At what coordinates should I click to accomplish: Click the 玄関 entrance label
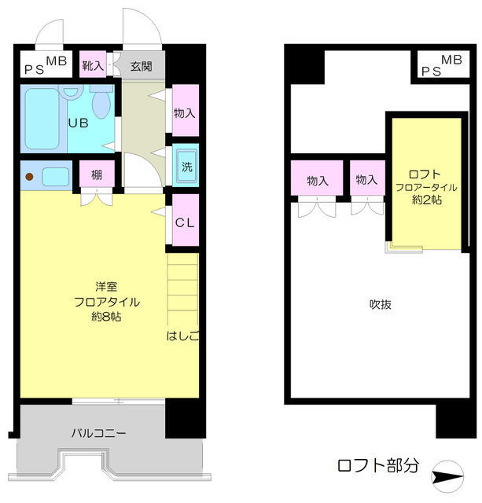tap(142, 66)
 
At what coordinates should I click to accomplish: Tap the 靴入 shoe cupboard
tap(93, 64)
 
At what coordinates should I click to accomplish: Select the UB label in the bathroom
tap(79, 123)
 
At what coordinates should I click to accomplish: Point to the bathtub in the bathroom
tap(42, 119)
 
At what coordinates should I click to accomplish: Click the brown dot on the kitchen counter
tap(29, 177)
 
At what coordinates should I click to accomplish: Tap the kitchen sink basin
tap(56, 177)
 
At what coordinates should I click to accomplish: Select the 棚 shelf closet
tap(97, 174)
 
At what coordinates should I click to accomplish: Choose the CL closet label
tap(185, 222)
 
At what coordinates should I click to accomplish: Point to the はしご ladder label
tap(182, 336)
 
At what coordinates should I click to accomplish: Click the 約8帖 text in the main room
tap(106, 317)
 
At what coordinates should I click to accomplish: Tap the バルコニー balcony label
tap(99, 433)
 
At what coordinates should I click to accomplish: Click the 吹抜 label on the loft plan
tap(381, 304)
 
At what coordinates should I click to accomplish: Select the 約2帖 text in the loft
tap(427, 200)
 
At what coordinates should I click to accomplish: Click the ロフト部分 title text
tap(377, 465)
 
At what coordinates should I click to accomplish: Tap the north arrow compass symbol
tap(447, 476)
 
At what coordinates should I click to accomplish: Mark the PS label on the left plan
tap(35, 70)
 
